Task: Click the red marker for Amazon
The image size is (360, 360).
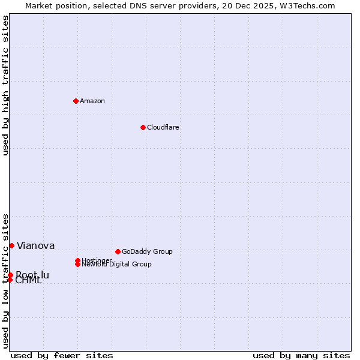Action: [x=76, y=101]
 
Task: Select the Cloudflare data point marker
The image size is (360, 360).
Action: [x=143, y=127]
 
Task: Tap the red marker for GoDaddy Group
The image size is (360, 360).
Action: [x=118, y=251]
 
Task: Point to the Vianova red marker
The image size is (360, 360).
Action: [x=11, y=245]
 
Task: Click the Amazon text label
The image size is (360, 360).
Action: [x=92, y=101]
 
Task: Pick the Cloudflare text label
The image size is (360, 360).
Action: [x=163, y=127]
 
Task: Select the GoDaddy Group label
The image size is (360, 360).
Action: [x=147, y=251]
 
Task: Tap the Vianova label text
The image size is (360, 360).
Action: [x=35, y=245]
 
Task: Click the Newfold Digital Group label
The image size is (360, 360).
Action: [x=117, y=265]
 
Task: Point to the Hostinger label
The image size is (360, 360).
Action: [x=97, y=260]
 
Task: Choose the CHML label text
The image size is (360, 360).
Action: [x=29, y=281]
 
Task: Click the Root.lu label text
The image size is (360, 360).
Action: [x=32, y=275]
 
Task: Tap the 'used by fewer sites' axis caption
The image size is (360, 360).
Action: [x=62, y=355]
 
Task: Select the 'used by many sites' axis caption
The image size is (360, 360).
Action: [x=301, y=355]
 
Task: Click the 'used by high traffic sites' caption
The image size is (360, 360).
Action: [x=5, y=85]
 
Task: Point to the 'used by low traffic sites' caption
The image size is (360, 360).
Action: [x=5, y=281]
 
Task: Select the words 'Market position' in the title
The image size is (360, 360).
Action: [x=54, y=5]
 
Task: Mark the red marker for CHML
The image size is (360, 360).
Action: [x=10, y=280]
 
